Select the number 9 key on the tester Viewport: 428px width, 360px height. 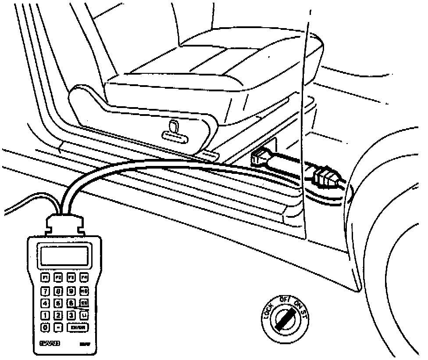click(x=71, y=290)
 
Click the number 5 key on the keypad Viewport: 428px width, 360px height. click(x=58, y=302)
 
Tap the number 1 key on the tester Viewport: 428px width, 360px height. click(x=45, y=315)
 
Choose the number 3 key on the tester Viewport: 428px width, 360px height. click(x=71, y=315)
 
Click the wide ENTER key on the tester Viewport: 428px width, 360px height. click(x=76, y=327)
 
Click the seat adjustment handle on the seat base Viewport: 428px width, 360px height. click(x=174, y=133)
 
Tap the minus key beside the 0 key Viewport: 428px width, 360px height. click(x=58, y=327)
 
